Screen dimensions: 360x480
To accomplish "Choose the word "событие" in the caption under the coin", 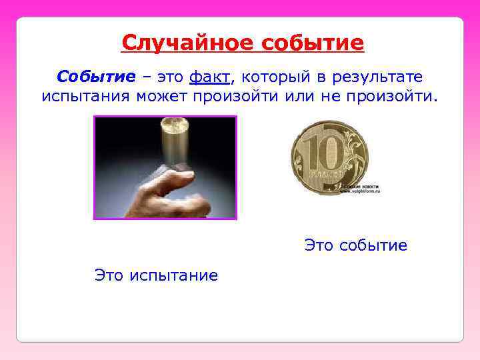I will [373, 245].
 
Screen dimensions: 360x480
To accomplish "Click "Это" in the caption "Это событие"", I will [319, 245].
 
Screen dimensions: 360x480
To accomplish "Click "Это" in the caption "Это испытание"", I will [109, 275].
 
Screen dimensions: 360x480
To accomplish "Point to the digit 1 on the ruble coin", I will [313, 155].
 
